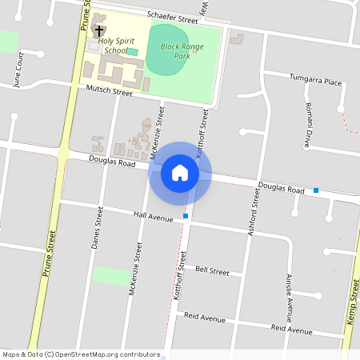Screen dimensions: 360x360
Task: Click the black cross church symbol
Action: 99,31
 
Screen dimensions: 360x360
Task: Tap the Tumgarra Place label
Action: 314,82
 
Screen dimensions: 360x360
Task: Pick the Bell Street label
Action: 212,271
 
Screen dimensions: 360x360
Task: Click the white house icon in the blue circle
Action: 180,172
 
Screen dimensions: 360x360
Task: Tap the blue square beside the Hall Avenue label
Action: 186,216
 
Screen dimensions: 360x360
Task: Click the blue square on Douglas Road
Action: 317,190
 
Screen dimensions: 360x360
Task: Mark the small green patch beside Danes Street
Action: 110,276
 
